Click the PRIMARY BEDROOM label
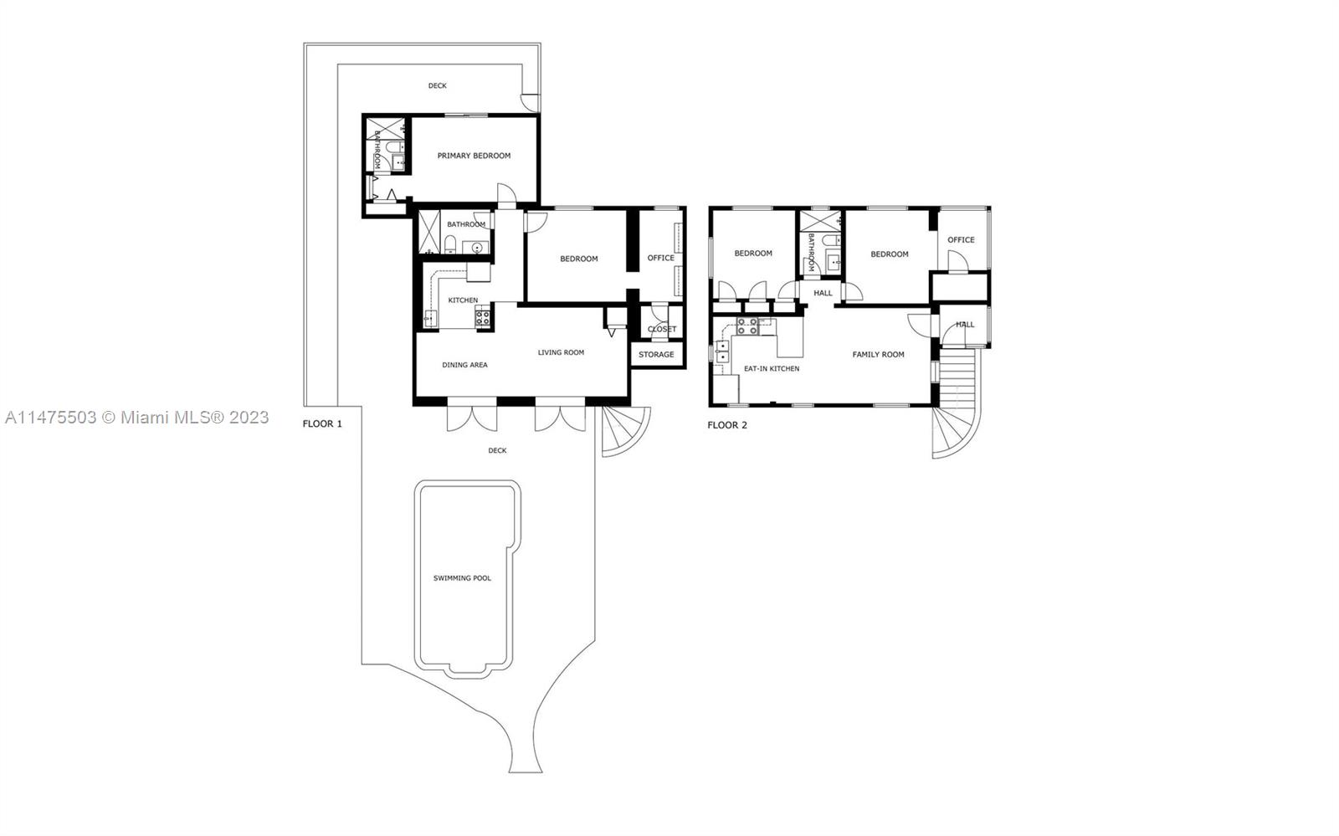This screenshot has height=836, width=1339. tap(474, 156)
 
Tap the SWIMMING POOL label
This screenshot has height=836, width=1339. tap(462, 578)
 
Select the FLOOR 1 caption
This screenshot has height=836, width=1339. tap(322, 423)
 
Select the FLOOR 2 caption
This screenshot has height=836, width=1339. tap(727, 425)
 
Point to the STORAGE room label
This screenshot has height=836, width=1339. tap(656, 354)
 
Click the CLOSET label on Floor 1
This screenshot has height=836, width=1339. tap(662, 329)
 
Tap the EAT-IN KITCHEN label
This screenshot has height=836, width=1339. tap(771, 369)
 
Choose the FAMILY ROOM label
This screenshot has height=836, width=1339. tap(878, 354)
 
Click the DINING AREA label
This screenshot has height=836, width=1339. tap(464, 365)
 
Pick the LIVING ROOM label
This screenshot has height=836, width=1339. tap(561, 352)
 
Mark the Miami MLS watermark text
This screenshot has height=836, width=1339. tap(137, 417)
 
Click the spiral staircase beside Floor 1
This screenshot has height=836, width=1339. tap(624, 430)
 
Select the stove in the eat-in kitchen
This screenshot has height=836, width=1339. tap(747, 326)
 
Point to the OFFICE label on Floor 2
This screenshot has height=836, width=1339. tap(961, 239)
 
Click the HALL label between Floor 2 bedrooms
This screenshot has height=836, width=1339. tap(823, 294)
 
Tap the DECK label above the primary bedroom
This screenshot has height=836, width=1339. tap(437, 85)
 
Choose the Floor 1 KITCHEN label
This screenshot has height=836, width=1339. tap(463, 300)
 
